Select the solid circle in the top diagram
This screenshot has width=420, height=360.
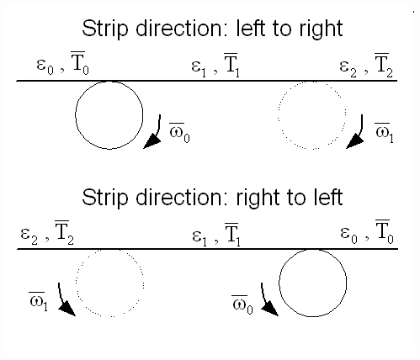point(76,115)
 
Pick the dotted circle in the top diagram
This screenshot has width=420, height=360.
point(278,115)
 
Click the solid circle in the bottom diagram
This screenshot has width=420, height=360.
point(279,283)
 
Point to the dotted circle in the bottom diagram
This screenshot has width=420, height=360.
point(76,283)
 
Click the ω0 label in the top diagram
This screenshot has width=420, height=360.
point(179,133)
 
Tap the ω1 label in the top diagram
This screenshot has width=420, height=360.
point(384,133)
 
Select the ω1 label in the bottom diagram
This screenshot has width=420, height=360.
point(38,302)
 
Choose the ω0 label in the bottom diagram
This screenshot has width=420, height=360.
point(242,304)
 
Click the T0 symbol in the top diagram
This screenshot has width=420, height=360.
point(80,63)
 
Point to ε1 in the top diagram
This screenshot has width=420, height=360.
point(199,69)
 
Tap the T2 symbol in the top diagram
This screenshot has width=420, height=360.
point(384,65)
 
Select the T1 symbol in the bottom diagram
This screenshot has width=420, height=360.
point(232,235)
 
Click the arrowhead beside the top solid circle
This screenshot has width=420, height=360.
point(152,141)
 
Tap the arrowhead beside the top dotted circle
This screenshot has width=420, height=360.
point(354,141)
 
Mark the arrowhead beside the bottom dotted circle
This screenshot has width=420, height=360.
point(66,309)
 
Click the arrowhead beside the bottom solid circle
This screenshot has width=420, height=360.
point(269,309)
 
